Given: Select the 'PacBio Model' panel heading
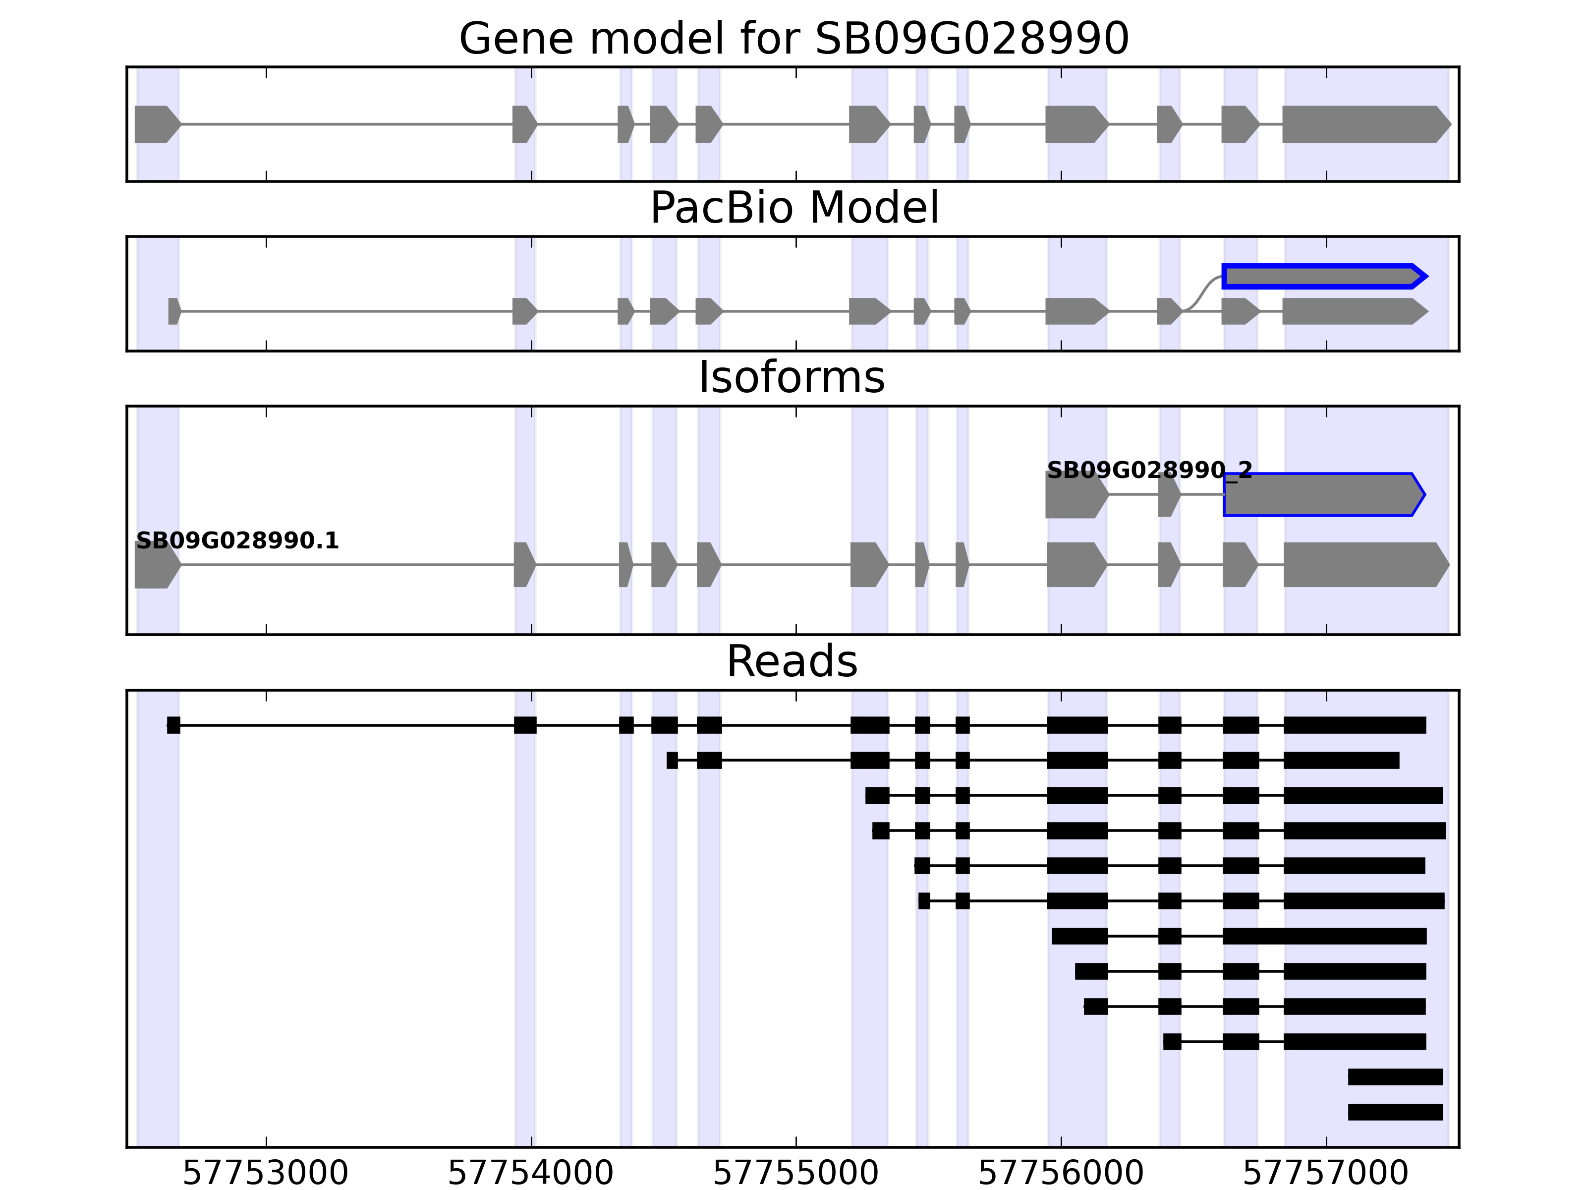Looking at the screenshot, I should [793, 208].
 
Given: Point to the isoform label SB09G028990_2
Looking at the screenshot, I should [1149, 471].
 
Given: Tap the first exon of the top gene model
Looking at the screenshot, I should [156, 124].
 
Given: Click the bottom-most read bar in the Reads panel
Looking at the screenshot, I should [1395, 1112].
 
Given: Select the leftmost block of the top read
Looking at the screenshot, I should [173, 725].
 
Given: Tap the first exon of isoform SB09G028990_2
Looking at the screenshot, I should [1076, 494].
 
